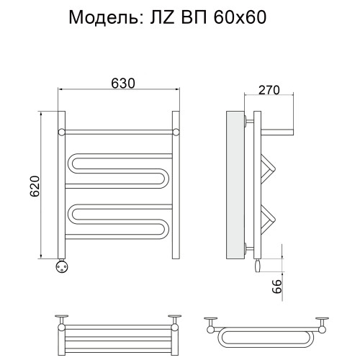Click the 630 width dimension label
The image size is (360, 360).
123,84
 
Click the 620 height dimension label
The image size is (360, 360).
35,186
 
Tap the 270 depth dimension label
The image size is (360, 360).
269,90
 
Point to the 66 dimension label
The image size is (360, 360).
277,287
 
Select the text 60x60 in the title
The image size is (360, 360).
240,17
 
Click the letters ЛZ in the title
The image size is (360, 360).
162,17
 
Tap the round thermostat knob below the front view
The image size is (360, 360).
62,266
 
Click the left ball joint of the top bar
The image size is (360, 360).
62,132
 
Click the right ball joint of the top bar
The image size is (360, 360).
176,132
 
